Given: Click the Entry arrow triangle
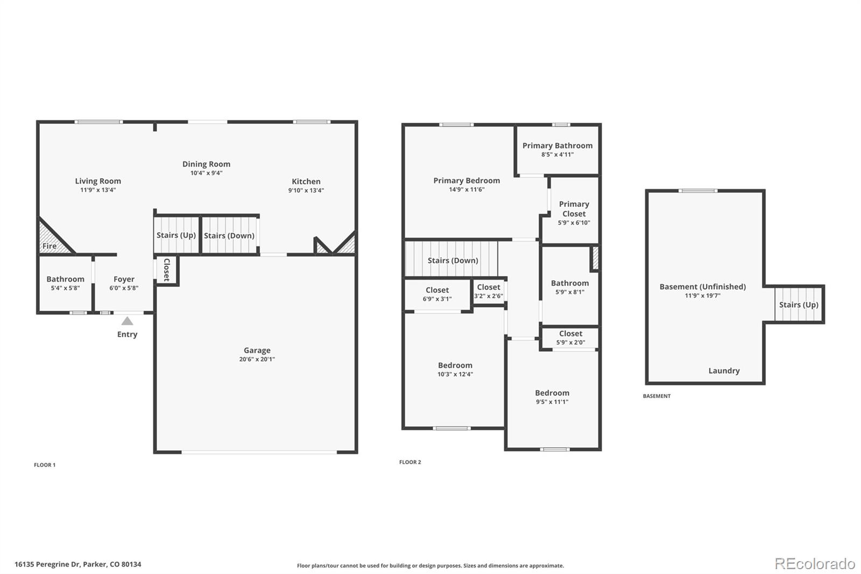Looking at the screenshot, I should (x=127, y=321).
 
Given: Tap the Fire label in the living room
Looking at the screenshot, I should (x=50, y=246).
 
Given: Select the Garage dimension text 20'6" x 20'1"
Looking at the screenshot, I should (x=257, y=359).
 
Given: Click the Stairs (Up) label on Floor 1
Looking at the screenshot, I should (x=176, y=235).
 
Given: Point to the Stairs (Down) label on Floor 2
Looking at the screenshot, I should (x=453, y=261).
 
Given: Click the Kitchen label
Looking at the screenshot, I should (x=306, y=181).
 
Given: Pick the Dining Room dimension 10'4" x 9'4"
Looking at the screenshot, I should (x=206, y=173).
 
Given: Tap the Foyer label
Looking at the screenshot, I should (x=124, y=279).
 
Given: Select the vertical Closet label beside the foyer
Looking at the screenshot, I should (x=167, y=270).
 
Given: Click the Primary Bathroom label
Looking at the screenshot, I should (x=557, y=145).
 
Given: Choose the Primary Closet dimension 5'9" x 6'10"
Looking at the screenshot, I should (x=574, y=222).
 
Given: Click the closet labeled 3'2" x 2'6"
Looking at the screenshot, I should (x=489, y=291).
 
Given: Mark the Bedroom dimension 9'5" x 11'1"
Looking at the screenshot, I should (x=552, y=402).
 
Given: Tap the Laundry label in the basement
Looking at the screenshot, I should (x=724, y=370).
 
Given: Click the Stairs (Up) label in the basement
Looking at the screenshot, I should (x=799, y=305).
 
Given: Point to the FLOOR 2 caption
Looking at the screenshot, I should (x=410, y=462).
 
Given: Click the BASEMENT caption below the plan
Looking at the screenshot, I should (x=657, y=396).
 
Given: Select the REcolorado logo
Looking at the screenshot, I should (x=815, y=563).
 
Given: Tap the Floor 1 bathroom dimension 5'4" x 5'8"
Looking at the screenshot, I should (x=65, y=288).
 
